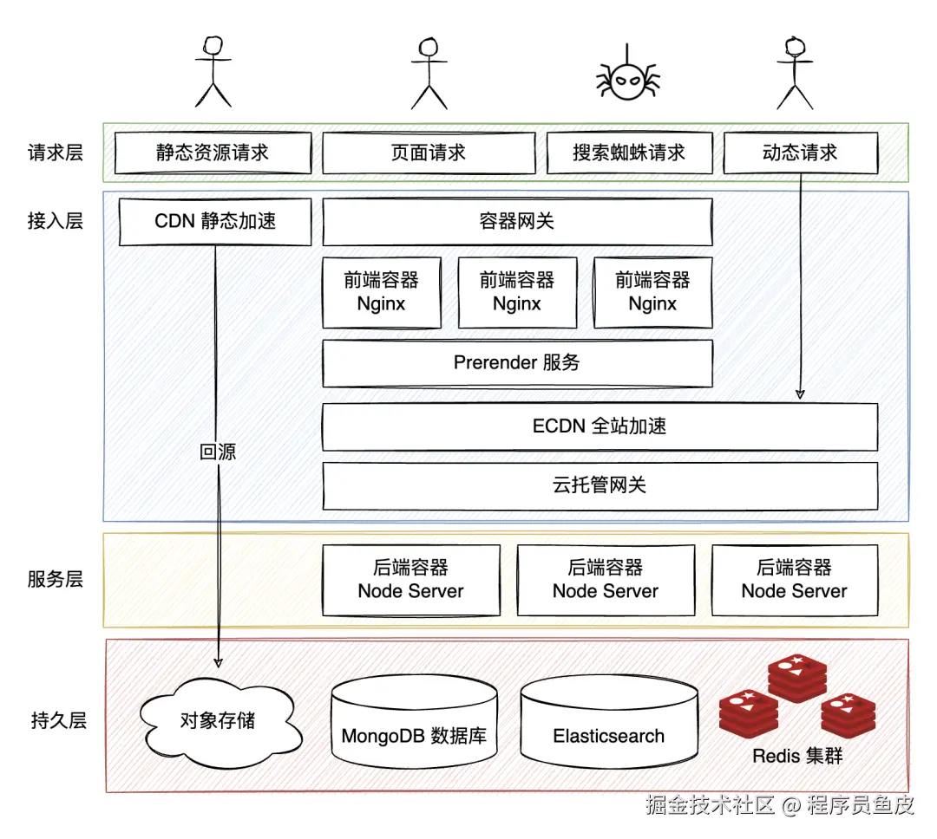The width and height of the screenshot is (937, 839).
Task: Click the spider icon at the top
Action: point(627,80)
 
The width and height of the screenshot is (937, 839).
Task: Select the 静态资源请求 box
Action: point(213,153)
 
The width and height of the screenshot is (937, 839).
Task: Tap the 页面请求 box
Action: point(429,153)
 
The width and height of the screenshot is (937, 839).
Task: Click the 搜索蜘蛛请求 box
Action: point(629,153)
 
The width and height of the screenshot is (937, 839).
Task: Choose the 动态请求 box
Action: point(800,153)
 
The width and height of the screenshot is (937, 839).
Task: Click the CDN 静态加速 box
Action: point(214,221)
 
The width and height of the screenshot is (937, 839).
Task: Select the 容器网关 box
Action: point(517,222)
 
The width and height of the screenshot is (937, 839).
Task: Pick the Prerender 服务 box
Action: point(517,363)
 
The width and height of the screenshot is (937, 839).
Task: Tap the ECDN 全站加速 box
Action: point(600,426)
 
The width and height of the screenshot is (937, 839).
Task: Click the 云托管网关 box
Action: point(600,485)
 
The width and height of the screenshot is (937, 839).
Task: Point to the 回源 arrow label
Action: point(218,452)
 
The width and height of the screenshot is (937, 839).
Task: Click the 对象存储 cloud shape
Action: point(219,721)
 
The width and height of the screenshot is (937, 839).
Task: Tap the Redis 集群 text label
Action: point(796,756)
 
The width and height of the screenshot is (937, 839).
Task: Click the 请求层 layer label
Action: point(56,153)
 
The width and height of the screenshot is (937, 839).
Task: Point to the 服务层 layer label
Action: point(56,579)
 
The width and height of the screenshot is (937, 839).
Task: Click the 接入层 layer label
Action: point(56,221)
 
